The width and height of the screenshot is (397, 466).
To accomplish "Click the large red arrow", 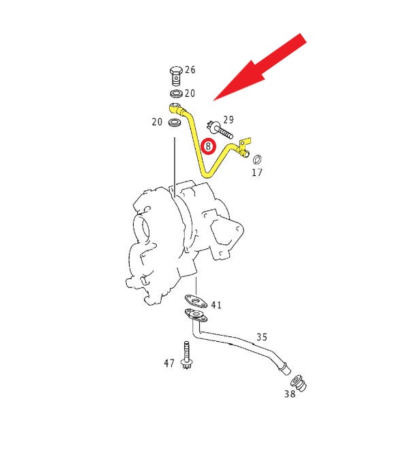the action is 260,67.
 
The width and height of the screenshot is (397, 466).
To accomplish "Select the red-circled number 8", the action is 208,146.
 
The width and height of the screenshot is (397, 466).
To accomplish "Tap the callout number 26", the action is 190,70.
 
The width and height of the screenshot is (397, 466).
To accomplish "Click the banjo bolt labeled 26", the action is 175,76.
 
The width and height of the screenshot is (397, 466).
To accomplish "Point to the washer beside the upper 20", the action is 177,93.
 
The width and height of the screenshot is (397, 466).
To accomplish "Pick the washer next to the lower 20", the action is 175,122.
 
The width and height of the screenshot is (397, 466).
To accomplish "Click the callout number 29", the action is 229,120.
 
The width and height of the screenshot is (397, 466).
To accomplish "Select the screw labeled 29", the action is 220,130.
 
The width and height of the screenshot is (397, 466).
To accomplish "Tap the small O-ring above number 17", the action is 257,159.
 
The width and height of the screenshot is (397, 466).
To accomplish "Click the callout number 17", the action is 257,173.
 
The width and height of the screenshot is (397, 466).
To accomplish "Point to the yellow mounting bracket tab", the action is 245,143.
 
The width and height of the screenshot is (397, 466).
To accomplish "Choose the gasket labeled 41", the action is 196,301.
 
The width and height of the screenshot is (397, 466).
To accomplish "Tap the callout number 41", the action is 216,305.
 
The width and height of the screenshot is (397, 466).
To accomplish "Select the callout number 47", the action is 169,363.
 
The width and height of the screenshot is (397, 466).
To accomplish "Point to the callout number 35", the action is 262,337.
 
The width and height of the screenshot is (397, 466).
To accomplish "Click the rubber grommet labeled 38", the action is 298,383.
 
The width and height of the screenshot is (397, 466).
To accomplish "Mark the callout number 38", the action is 290,394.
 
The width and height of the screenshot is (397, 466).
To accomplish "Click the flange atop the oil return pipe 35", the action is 196,315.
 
